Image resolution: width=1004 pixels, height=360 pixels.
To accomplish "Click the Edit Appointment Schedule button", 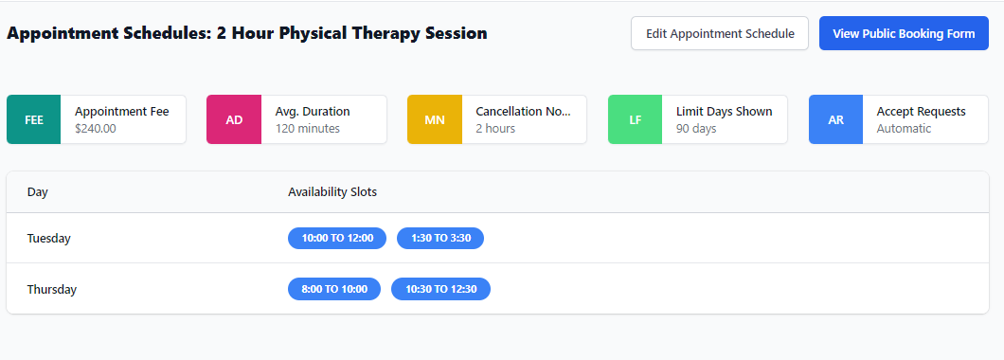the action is (720, 33).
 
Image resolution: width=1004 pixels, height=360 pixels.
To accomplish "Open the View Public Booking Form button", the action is (904, 33).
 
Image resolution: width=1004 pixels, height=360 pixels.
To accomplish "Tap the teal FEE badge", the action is (34, 119).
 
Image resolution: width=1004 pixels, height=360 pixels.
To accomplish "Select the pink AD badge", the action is (234, 119).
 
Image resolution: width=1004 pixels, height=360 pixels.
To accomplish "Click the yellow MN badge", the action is (435, 119).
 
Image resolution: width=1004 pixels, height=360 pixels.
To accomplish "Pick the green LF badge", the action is (636, 119).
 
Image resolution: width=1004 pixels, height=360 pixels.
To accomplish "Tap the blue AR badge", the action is (835, 119).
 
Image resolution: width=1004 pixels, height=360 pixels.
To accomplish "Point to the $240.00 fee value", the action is (96, 128).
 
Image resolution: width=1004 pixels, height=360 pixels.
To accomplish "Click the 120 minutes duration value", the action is (307, 128).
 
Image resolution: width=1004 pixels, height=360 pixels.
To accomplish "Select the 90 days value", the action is (696, 128).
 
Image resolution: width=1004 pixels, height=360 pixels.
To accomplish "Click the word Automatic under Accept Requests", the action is (905, 128).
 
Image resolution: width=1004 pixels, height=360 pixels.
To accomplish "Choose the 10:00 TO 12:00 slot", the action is (337, 239).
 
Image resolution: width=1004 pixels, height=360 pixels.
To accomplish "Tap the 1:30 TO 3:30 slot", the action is (440, 239).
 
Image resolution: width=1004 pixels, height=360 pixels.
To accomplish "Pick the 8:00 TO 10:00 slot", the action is (334, 289).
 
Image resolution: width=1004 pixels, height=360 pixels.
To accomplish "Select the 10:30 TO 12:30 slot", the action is (441, 289).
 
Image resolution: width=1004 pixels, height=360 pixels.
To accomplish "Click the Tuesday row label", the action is (48, 239).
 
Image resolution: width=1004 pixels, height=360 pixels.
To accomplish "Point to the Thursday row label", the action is (52, 290).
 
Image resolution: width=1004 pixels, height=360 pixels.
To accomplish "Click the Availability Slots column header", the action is (332, 192).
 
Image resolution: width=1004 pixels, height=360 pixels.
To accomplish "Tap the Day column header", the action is (37, 192).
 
